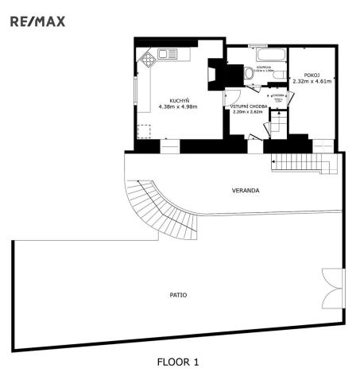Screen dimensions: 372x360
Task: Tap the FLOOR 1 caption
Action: tap(178, 362)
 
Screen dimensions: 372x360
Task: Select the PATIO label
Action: tap(178, 293)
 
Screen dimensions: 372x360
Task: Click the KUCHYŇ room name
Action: tap(179, 100)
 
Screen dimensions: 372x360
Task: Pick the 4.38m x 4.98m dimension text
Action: tap(179, 107)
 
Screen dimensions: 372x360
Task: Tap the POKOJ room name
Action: tap(312, 76)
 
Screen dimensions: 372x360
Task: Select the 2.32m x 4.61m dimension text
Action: tap(312, 82)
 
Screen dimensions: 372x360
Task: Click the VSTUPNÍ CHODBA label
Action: tap(248, 106)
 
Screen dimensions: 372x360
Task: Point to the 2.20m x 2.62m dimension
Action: tap(248, 112)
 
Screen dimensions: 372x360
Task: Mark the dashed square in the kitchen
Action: tap(144, 131)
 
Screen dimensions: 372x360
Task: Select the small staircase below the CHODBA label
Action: tap(279, 124)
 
